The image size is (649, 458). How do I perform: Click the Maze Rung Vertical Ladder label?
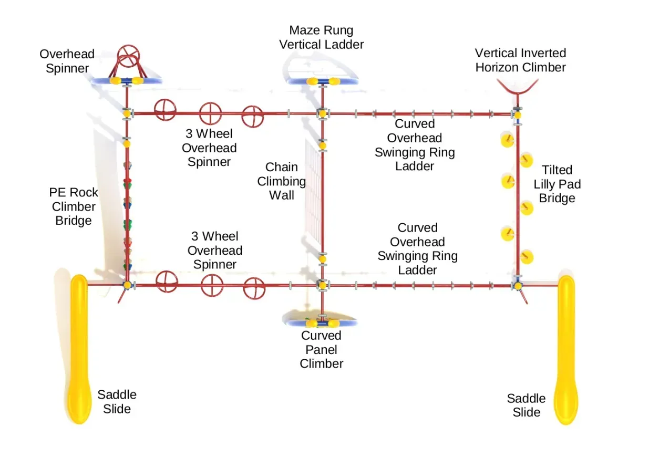[321, 37]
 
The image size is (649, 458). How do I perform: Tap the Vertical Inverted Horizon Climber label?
[520, 60]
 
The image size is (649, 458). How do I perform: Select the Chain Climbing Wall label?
[282, 181]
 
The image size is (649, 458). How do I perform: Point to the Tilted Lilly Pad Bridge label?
[557, 184]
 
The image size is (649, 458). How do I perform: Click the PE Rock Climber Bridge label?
[74, 206]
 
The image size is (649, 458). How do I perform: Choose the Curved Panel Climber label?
[321, 349]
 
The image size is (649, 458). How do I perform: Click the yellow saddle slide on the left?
[79, 349]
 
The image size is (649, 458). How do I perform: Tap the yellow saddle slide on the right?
[566, 350]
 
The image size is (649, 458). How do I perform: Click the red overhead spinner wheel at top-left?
[128, 56]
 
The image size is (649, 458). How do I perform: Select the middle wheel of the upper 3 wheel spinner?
[210, 113]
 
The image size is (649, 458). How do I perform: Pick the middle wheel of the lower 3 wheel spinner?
[212, 285]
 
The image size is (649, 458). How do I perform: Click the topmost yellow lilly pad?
[507, 140]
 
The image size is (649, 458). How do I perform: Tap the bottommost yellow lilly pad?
[527, 257]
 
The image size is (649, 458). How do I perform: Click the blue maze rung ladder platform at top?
[323, 81]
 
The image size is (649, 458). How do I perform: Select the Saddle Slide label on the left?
[117, 402]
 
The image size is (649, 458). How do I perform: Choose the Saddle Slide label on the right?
[526, 405]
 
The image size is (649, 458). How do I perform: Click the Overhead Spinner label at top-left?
[67, 61]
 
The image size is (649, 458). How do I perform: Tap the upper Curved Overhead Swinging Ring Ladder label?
[415, 145]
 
